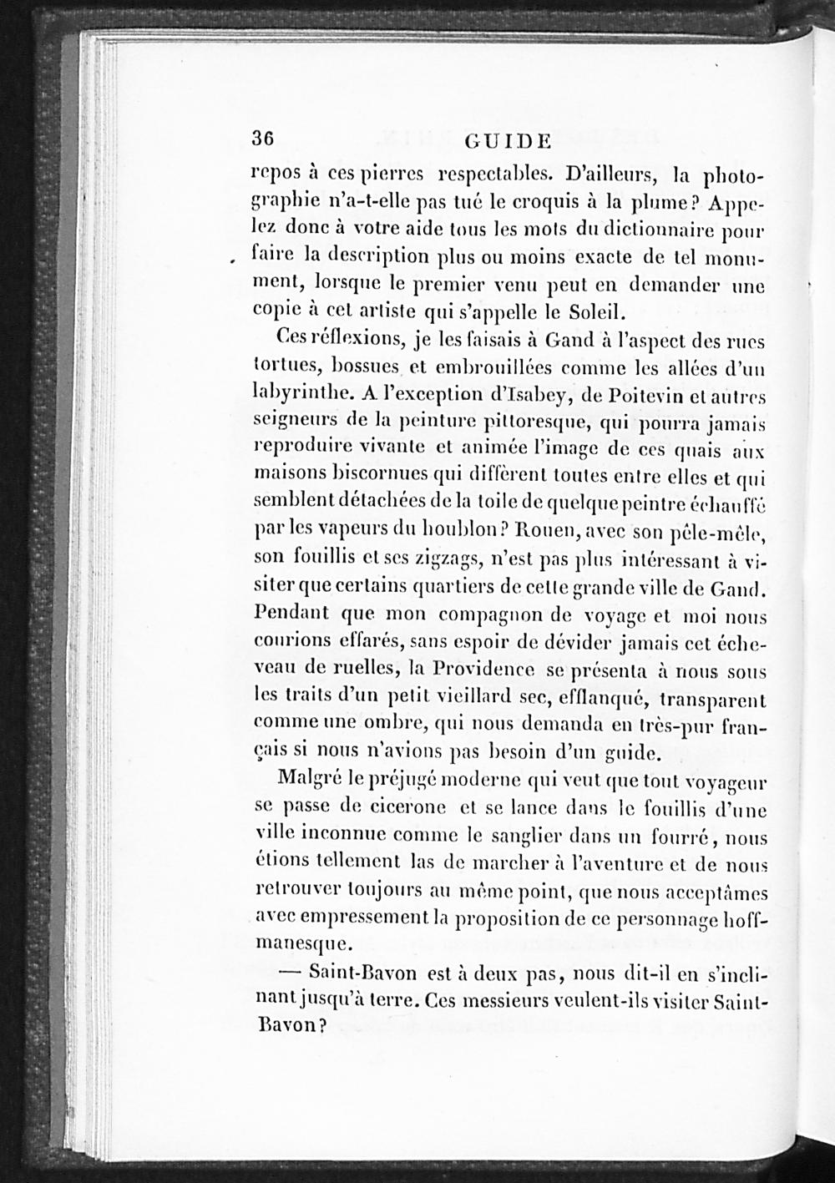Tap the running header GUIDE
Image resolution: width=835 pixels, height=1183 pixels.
click(508, 140)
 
